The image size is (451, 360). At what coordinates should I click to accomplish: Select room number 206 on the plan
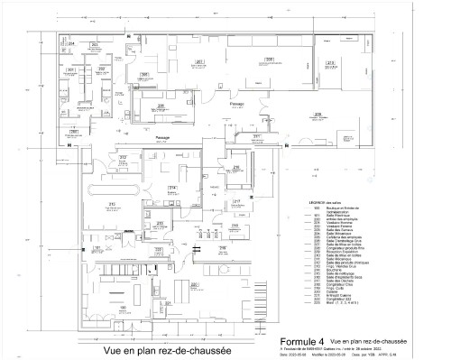coord(161,106)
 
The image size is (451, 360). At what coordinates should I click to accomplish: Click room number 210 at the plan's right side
coord(331,62)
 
